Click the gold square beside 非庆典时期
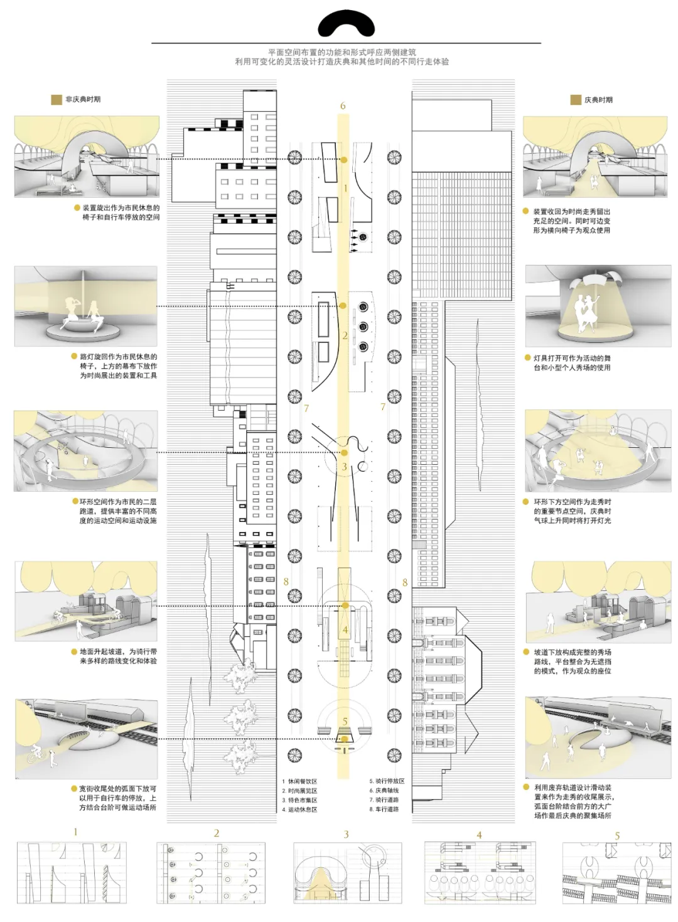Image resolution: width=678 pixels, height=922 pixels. coord(56,99)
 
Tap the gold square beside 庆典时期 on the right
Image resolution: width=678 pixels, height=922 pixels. coord(576,100)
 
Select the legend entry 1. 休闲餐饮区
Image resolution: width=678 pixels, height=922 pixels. coord(299,781)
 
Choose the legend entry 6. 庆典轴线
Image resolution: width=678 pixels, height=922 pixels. coord(384,791)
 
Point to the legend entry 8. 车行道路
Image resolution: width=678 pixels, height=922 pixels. coord(384,809)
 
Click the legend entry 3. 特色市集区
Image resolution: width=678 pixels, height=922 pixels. coord(299,800)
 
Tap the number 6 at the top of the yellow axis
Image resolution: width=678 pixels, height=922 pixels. coord(343,106)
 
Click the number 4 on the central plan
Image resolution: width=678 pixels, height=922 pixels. coord(345,630)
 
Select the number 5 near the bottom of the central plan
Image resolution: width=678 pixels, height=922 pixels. coord(345,722)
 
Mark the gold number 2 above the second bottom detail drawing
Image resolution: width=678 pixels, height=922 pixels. coord(217,833)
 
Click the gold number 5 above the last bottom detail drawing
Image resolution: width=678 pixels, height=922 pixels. coord(617,836)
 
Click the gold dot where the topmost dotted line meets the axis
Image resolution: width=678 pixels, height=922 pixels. coord(344,160)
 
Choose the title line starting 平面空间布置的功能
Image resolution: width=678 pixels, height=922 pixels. coord(342,53)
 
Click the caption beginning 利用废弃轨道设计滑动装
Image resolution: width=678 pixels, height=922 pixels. coord(573,801)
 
